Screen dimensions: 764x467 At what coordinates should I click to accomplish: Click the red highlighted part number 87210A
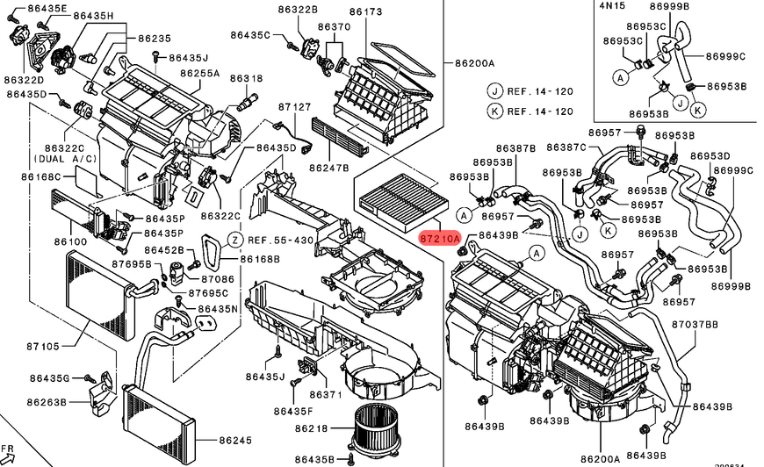click(x=440, y=239)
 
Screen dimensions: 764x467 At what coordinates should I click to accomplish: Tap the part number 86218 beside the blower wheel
click(x=312, y=428)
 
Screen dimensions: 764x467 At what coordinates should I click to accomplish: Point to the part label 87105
click(x=43, y=346)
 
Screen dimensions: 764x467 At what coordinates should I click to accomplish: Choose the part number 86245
click(x=235, y=440)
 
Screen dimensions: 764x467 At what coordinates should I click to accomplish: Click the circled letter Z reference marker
click(x=235, y=240)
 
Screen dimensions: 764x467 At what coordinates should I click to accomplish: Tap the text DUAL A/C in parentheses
click(x=65, y=159)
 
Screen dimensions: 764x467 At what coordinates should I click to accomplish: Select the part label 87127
click(x=295, y=106)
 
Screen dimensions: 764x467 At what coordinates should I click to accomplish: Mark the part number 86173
click(x=365, y=11)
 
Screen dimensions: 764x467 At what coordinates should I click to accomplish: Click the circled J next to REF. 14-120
click(x=494, y=91)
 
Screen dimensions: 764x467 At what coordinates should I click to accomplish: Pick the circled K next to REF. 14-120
click(x=494, y=111)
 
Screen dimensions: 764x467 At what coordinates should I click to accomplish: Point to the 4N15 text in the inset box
click(x=612, y=5)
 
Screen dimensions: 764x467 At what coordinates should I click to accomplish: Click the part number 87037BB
click(x=695, y=324)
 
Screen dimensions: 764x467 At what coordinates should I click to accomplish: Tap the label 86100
click(x=70, y=241)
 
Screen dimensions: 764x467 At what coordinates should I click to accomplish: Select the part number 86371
click(x=326, y=394)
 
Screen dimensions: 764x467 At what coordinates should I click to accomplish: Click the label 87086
click(x=218, y=279)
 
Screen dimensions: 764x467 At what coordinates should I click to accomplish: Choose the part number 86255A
click(x=199, y=73)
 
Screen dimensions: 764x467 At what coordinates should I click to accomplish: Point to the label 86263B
click(x=47, y=402)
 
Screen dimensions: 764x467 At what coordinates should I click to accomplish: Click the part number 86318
click(x=247, y=78)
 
